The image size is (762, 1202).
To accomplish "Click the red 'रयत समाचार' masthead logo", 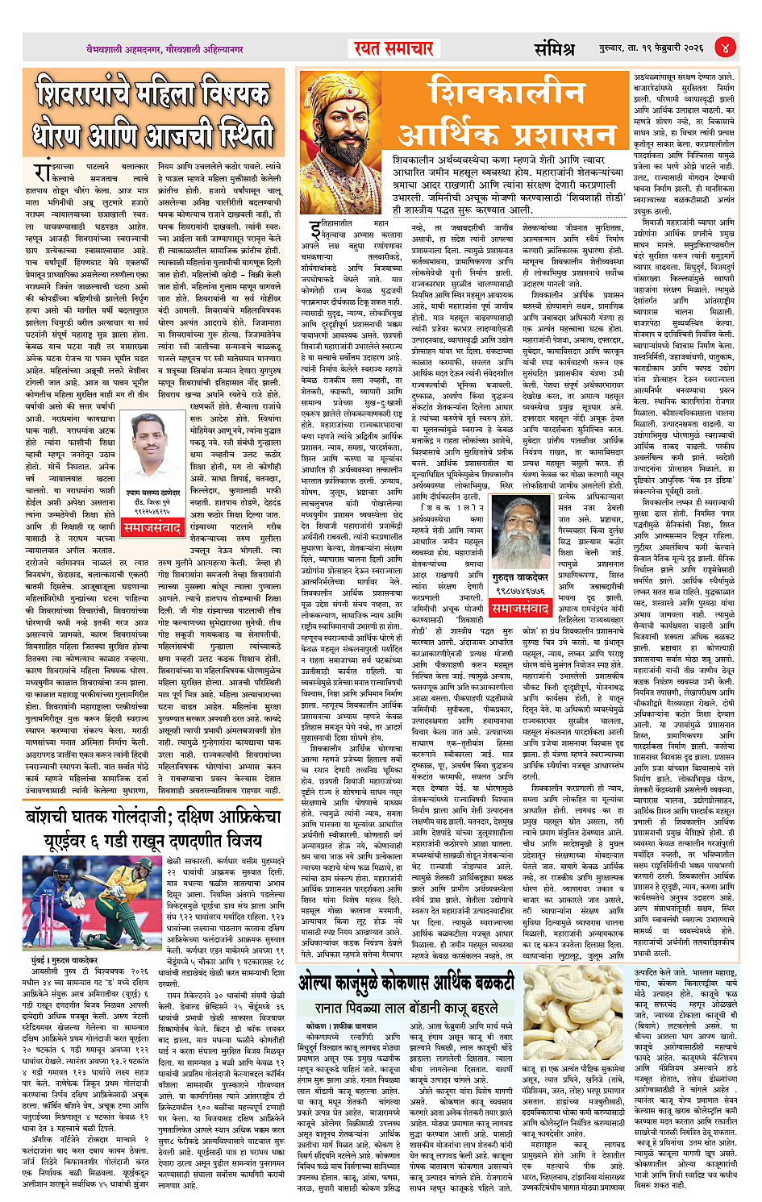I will (x=393, y=48).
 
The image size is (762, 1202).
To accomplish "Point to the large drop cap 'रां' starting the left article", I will (x=43, y=172).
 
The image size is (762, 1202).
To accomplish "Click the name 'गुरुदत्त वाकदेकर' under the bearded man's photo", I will (x=519, y=578).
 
